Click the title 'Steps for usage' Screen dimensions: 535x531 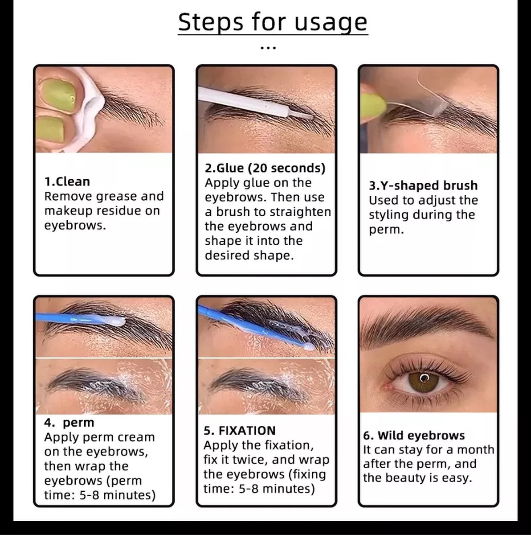273,22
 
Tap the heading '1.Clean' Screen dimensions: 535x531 67,181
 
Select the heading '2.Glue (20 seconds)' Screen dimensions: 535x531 265,168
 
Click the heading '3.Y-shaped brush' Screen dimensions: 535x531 423,185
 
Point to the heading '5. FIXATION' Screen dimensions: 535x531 240,431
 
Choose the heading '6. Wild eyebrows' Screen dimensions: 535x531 414,436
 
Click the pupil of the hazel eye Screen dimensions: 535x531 424,379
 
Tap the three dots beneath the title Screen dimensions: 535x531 268,47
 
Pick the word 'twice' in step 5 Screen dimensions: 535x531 250,460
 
